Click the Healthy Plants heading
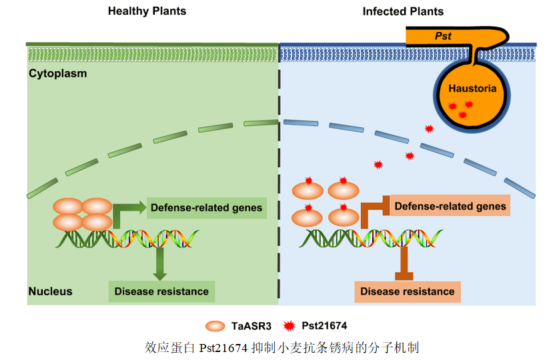point(147,11)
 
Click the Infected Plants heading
point(403,11)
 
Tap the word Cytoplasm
point(58,73)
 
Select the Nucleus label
point(50,291)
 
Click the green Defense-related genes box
point(206,208)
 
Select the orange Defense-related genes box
point(450,207)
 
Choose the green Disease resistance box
point(161,291)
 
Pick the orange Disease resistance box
point(407,291)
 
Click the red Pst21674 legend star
point(289,326)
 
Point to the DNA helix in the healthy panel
point(127,238)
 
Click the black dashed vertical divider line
point(279,200)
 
